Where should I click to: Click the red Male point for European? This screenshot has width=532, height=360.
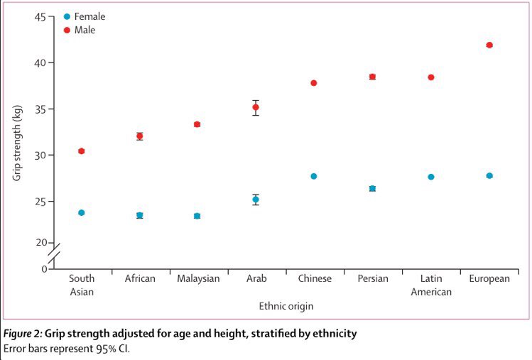(x=489, y=45)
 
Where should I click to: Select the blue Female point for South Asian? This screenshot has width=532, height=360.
(x=82, y=213)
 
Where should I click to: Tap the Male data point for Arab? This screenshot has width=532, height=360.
(x=256, y=107)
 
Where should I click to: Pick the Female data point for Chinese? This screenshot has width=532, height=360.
(x=314, y=176)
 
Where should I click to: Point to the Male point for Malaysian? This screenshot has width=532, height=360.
(x=197, y=124)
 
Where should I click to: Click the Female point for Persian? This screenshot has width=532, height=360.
(x=372, y=189)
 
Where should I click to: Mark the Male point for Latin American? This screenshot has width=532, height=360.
(x=431, y=77)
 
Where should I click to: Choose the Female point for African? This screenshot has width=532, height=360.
(x=140, y=215)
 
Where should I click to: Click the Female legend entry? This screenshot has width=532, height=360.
(x=85, y=16)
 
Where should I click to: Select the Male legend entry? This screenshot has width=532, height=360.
(x=80, y=30)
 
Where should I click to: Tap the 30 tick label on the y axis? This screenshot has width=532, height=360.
(x=40, y=156)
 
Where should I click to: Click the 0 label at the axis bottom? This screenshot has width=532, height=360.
(x=45, y=269)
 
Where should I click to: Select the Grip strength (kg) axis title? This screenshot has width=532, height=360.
(x=16, y=143)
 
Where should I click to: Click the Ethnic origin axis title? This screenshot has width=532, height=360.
(x=286, y=306)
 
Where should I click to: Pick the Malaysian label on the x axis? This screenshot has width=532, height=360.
(x=198, y=278)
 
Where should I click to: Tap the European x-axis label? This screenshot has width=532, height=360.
(x=489, y=279)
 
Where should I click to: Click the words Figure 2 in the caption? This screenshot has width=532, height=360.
(x=22, y=334)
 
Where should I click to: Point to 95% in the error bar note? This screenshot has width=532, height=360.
(x=106, y=349)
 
